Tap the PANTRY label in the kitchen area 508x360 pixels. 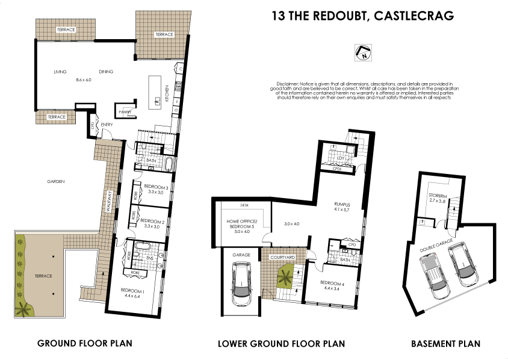[125, 111]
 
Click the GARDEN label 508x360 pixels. [58, 181]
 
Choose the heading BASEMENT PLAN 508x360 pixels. [445, 344]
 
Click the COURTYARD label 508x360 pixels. [282, 257]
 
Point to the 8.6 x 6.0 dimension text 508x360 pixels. [83, 80]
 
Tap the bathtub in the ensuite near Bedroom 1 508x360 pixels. [143, 246]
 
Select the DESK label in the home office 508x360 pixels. [244, 205]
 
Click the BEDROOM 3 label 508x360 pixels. [156, 187]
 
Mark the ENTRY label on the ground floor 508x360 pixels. [107, 125]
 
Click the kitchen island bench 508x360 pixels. [159, 90]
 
